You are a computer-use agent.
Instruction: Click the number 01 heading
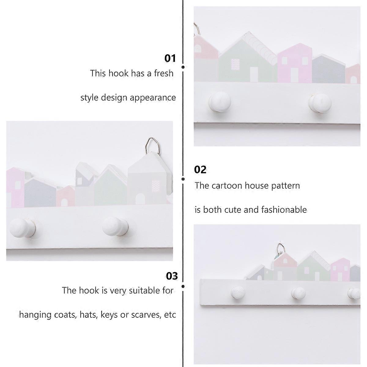tap(170, 58)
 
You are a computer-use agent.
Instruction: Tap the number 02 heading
tap(200, 169)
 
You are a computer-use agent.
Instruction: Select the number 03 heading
tap(172, 276)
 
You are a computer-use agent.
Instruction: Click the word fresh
tap(164, 73)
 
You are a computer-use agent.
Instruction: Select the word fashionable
tap(284, 210)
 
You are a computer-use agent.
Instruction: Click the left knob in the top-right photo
tap(220, 102)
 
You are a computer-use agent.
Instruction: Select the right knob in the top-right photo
tap(320, 103)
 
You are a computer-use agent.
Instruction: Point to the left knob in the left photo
tap(22, 228)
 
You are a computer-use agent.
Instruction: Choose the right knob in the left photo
tap(115, 226)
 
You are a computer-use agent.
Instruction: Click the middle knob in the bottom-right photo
tap(298, 293)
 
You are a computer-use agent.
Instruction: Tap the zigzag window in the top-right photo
tap(235, 65)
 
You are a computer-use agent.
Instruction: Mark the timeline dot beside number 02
tap(183, 179)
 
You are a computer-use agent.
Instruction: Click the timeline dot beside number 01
tap(183, 67)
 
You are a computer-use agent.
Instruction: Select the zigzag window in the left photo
tap(156, 186)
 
